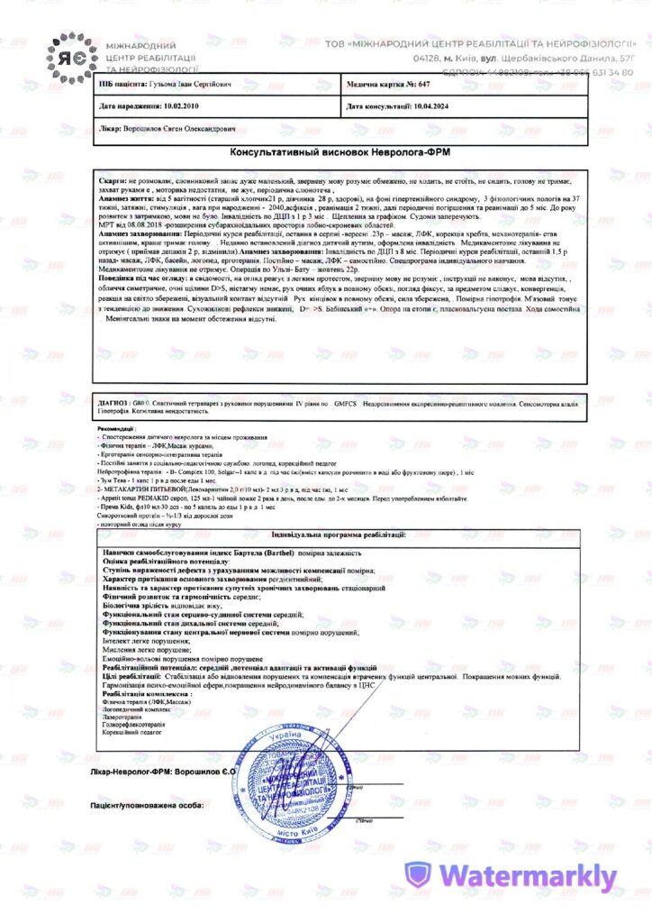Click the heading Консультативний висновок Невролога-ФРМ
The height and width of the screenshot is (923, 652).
pos(340,152)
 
